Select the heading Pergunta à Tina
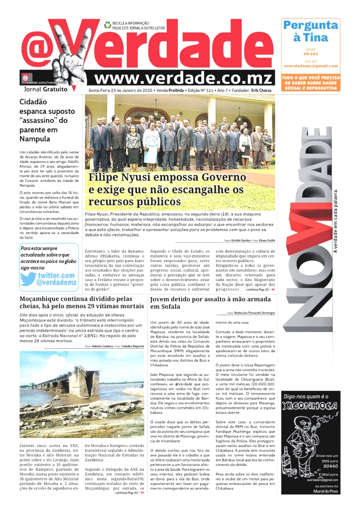310,31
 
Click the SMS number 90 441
310,53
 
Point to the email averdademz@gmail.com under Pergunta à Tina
310,66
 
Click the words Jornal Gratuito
45,89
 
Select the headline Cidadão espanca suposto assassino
43,120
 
